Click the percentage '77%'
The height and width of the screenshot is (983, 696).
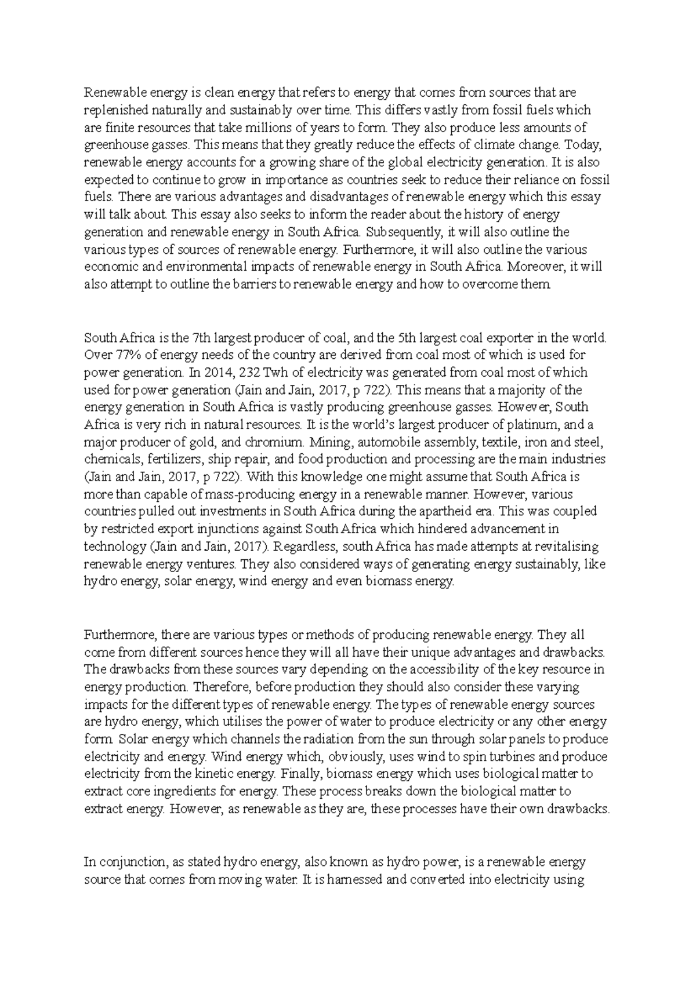pyautogui.click(x=123, y=355)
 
